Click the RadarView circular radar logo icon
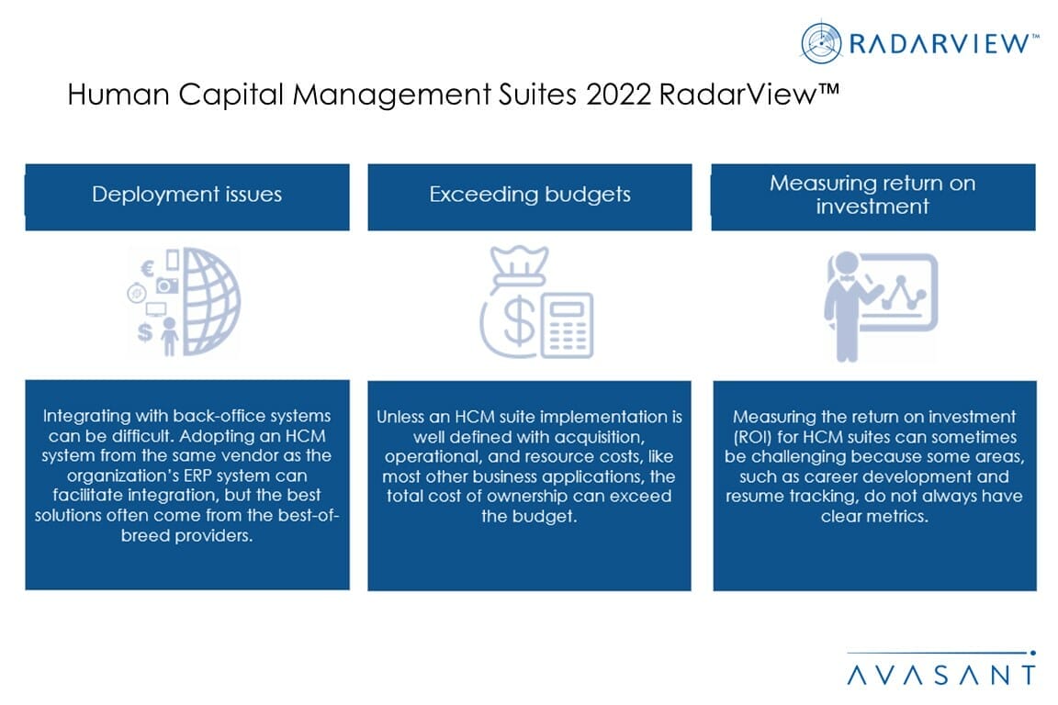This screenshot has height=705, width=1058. pyautogui.click(x=821, y=42)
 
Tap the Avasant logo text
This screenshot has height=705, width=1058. pyautogui.click(x=940, y=675)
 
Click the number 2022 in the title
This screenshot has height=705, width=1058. pyautogui.click(x=618, y=95)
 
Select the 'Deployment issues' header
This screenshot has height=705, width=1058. pyautogui.click(x=187, y=195)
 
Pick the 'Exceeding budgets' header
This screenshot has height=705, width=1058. pyautogui.click(x=530, y=195)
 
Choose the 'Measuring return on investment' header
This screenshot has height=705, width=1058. pyautogui.click(x=873, y=195)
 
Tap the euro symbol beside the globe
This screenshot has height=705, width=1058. pyautogui.click(x=147, y=269)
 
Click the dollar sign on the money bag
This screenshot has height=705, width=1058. pyautogui.click(x=519, y=322)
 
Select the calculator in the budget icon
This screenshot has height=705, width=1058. pyautogui.click(x=567, y=325)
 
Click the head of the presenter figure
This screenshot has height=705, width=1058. pyautogui.click(x=846, y=263)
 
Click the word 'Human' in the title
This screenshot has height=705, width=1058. pyautogui.click(x=118, y=95)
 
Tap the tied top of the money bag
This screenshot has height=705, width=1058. pyautogui.click(x=518, y=263)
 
